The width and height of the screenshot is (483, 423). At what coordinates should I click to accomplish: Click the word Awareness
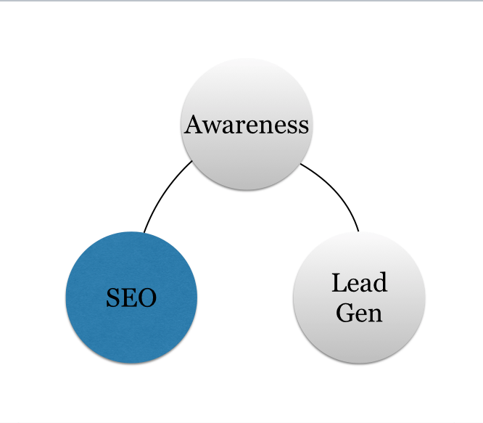point(247,125)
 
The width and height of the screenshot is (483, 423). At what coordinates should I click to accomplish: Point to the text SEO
point(131,297)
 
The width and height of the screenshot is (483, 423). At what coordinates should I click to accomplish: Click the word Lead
point(359,283)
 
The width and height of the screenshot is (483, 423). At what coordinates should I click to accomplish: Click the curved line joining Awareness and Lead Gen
point(337,192)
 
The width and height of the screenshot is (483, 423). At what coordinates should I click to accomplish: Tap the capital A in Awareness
point(193,125)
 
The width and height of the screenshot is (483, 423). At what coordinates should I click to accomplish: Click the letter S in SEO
point(112,297)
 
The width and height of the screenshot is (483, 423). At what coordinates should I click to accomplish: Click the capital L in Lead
point(339,283)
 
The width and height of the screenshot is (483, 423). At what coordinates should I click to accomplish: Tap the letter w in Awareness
point(211,126)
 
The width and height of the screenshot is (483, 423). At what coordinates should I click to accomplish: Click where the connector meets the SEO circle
point(144,232)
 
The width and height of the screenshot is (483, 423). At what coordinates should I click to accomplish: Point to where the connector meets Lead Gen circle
point(358,231)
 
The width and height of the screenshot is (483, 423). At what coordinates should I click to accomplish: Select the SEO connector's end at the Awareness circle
point(191,161)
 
